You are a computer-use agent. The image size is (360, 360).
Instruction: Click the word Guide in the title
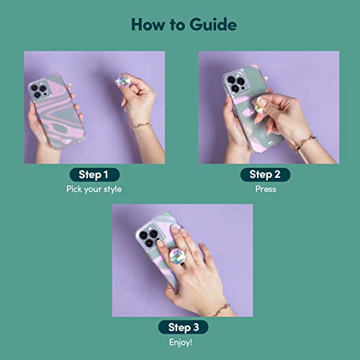point(213,24)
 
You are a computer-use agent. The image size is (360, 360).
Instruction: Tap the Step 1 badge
point(94,174)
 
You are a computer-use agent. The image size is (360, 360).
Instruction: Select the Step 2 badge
point(265,174)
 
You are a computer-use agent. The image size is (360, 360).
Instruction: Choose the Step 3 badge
point(183,327)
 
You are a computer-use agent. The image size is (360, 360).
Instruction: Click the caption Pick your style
point(94,189)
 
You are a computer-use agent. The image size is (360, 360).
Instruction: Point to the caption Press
point(266,189)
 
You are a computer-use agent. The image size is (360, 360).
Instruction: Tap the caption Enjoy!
point(181,342)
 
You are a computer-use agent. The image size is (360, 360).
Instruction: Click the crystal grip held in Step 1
point(123,81)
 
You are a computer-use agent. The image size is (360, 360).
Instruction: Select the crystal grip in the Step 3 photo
point(178,256)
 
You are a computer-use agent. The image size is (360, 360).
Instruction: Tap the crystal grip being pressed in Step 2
point(258,106)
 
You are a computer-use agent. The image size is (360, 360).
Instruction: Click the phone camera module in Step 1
point(40,91)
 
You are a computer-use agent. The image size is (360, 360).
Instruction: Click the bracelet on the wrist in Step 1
point(143,126)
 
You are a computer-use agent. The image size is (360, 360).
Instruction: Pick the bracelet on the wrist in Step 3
point(221,310)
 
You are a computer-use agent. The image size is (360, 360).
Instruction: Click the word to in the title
point(177,25)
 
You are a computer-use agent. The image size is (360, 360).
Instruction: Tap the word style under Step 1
point(112,189)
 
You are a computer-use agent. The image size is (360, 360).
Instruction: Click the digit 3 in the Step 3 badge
point(197,327)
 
